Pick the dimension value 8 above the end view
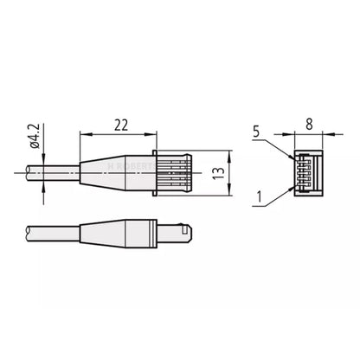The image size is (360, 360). [x=310, y=125]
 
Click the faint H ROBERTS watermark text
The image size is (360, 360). [x=130, y=160]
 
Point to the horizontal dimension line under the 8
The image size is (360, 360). [x=309, y=134]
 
